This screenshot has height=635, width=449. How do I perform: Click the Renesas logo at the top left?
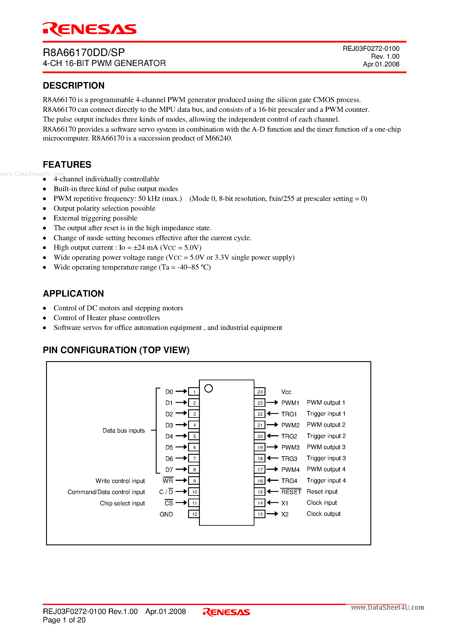pyautogui.click(x=89, y=29)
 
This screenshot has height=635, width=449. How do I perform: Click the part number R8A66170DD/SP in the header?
pyautogui.click(x=84, y=53)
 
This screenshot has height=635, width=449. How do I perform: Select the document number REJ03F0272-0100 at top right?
pyautogui.click(x=371, y=49)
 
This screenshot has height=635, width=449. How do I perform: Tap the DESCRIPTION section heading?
pyautogui.click(x=74, y=86)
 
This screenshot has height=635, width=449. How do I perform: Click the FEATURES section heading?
pyautogui.click(x=67, y=165)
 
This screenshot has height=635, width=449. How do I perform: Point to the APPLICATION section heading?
pyautogui.click(x=73, y=293)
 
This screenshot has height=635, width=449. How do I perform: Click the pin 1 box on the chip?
pyautogui.click(x=194, y=392)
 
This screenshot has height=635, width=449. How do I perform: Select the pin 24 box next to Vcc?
pyautogui.click(x=260, y=392)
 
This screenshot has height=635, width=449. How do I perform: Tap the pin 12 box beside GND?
pyautogui.click(x=194, y=514)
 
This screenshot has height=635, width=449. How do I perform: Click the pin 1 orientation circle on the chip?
pyautogui.click(x=208, y=388)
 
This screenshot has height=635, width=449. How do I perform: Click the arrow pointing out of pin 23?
pyautogui.click(x=272, y=403)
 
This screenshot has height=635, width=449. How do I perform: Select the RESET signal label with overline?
pyautogui.click(x=291, y=492)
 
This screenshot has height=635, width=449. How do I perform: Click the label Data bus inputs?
pyautogui.click(x=123, y=431)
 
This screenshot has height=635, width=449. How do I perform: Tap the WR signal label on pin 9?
pyautogui.click(x=168, y=481)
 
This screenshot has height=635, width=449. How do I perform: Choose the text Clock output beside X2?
pyautogui.click(x=323, y=514)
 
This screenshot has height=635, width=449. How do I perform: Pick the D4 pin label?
pyautogui.click(x=169, y=437)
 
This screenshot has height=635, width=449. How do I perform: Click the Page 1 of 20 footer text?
pyautogui.click(x=64, y=620)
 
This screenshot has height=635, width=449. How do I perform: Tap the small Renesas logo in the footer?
pyautogui.click(x=226, y=612)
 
